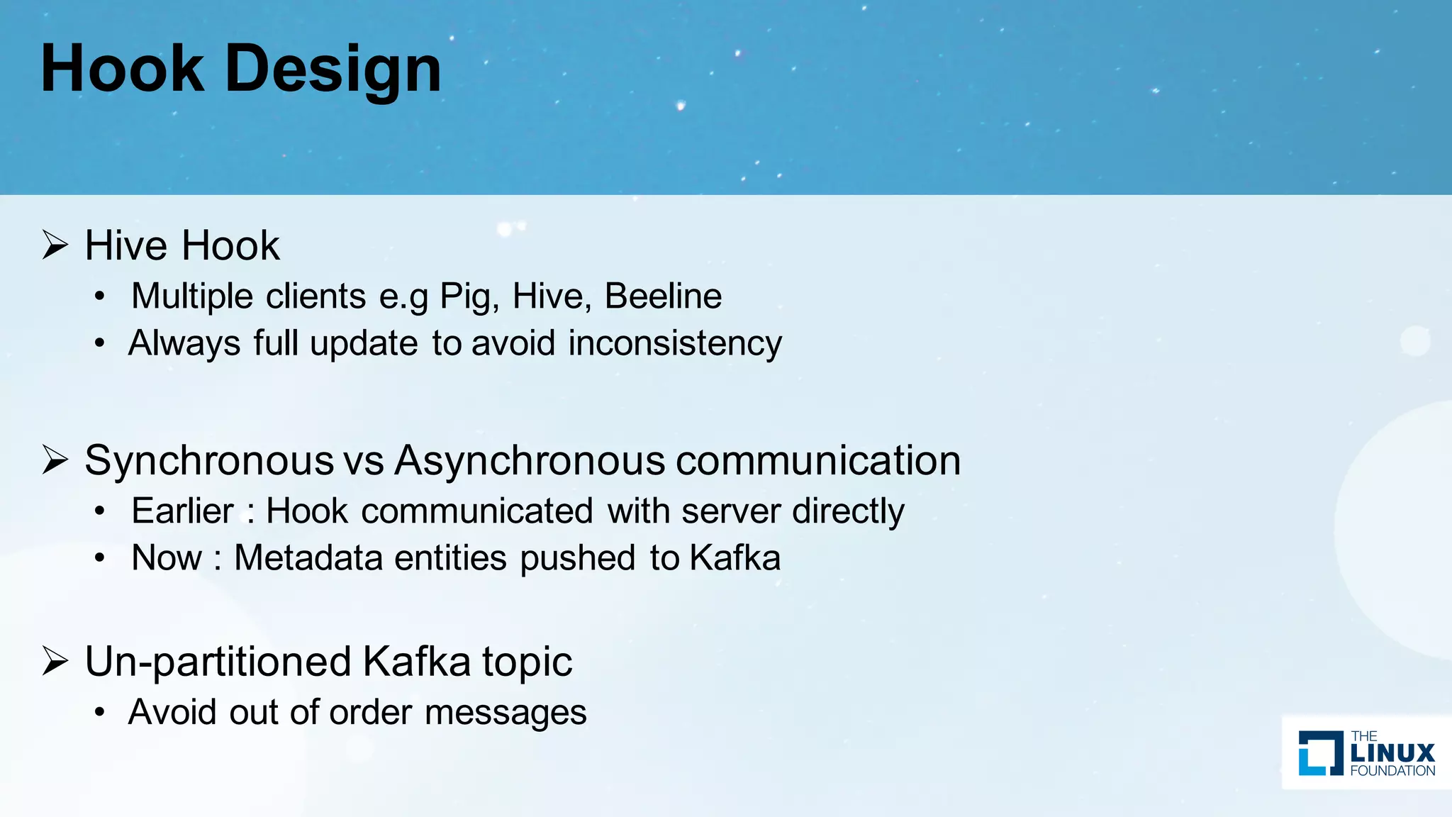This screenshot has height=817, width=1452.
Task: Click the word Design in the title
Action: (x=333, y=70)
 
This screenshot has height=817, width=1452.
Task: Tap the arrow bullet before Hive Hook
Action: (x=55, y=245)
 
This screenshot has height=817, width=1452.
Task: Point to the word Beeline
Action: (x=663, y=296)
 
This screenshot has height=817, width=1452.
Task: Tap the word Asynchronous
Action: (x=529, y=461)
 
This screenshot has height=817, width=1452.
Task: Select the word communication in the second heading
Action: (x=818, y=461)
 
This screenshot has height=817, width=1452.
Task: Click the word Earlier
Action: (x=182, y=511)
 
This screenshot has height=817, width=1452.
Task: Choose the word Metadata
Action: (x=308, y=557)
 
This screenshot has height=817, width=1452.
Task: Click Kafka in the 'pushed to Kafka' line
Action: (x=735, y=557)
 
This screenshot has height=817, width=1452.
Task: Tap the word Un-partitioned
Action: (x=218, y=662)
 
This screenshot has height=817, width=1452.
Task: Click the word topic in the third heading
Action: (x=527, y=662)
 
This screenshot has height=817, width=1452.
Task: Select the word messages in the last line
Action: (x=506, y=712)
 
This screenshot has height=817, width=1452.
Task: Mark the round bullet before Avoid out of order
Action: (x=100, y=712)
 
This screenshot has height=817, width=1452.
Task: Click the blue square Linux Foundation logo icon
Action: (x=1321, y=753)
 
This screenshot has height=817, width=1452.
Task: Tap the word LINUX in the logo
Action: (x=1392, y=752)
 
